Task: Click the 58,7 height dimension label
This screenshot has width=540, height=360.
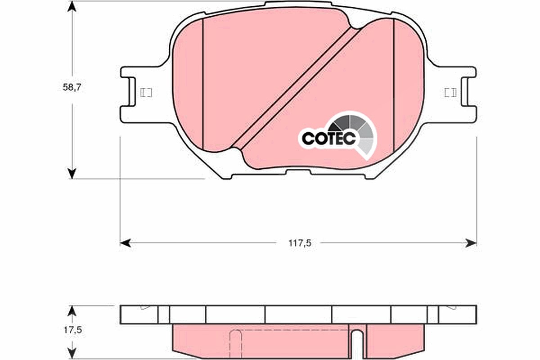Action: [x=72, y=88]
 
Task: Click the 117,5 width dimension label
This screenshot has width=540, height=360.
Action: [x=300, y=243]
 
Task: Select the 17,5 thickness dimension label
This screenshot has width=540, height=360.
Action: [x=73, y=330]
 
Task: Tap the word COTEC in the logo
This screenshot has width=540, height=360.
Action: [x=328, y=139]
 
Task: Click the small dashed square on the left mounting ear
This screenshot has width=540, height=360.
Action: [x=146, y=93]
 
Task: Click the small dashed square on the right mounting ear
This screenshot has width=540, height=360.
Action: [x=450, y=93]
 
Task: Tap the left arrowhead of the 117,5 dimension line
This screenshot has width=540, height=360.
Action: [x=125, y=243]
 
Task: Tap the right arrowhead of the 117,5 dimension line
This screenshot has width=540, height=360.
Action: [x=471, y=243]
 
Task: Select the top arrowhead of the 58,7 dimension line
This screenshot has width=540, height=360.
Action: [x=72, y=7]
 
